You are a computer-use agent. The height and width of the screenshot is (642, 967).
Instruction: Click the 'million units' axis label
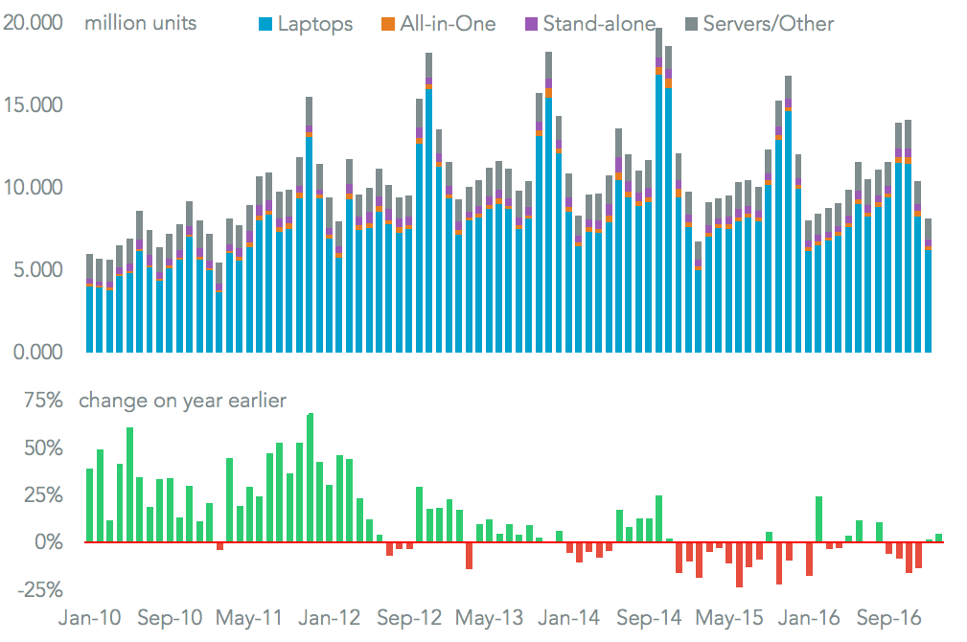(140, 22)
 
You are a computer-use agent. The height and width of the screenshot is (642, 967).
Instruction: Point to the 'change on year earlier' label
(182, 401)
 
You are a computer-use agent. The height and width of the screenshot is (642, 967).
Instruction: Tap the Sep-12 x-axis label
(411, 618)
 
